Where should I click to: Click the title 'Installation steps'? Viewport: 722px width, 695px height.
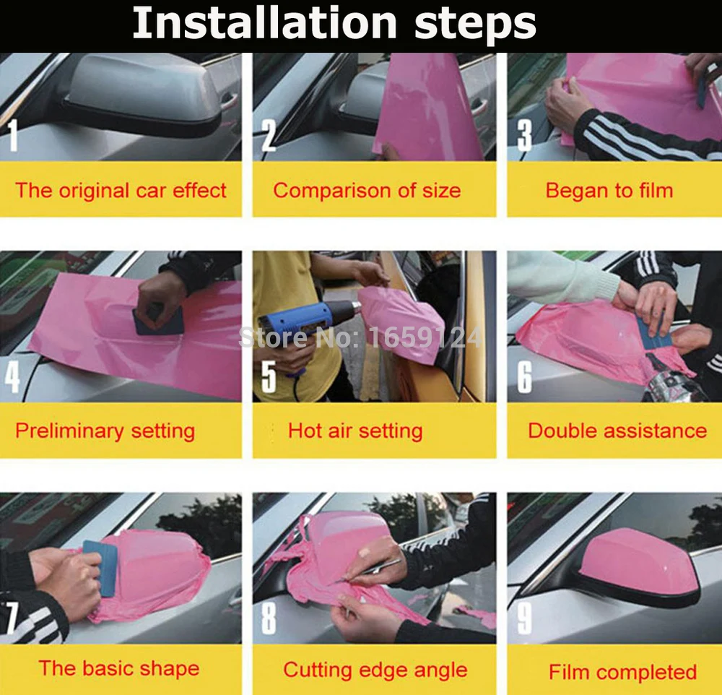(334, 23)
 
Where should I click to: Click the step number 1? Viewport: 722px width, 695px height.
(13, 135)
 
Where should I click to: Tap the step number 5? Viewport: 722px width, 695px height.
(269, 376)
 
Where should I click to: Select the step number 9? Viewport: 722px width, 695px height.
(524, 618)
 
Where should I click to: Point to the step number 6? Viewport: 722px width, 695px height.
(524, 377)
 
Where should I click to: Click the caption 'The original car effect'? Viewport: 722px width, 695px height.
(121, 190)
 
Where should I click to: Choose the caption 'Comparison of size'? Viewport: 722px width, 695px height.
(367, 190)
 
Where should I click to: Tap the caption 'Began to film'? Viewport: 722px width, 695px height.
(609, 190)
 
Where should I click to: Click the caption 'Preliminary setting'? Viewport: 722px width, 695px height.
(105, 431)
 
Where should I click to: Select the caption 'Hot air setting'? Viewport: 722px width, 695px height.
(355, 431)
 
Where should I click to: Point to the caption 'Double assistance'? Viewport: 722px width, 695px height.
(617, 431)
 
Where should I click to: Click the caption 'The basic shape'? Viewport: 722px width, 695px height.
(119, 669)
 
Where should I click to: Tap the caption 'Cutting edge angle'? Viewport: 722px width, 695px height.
(375, 670)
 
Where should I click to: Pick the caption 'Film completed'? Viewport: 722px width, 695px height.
(622, 672)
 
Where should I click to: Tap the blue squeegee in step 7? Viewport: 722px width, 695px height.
(100, 568)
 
